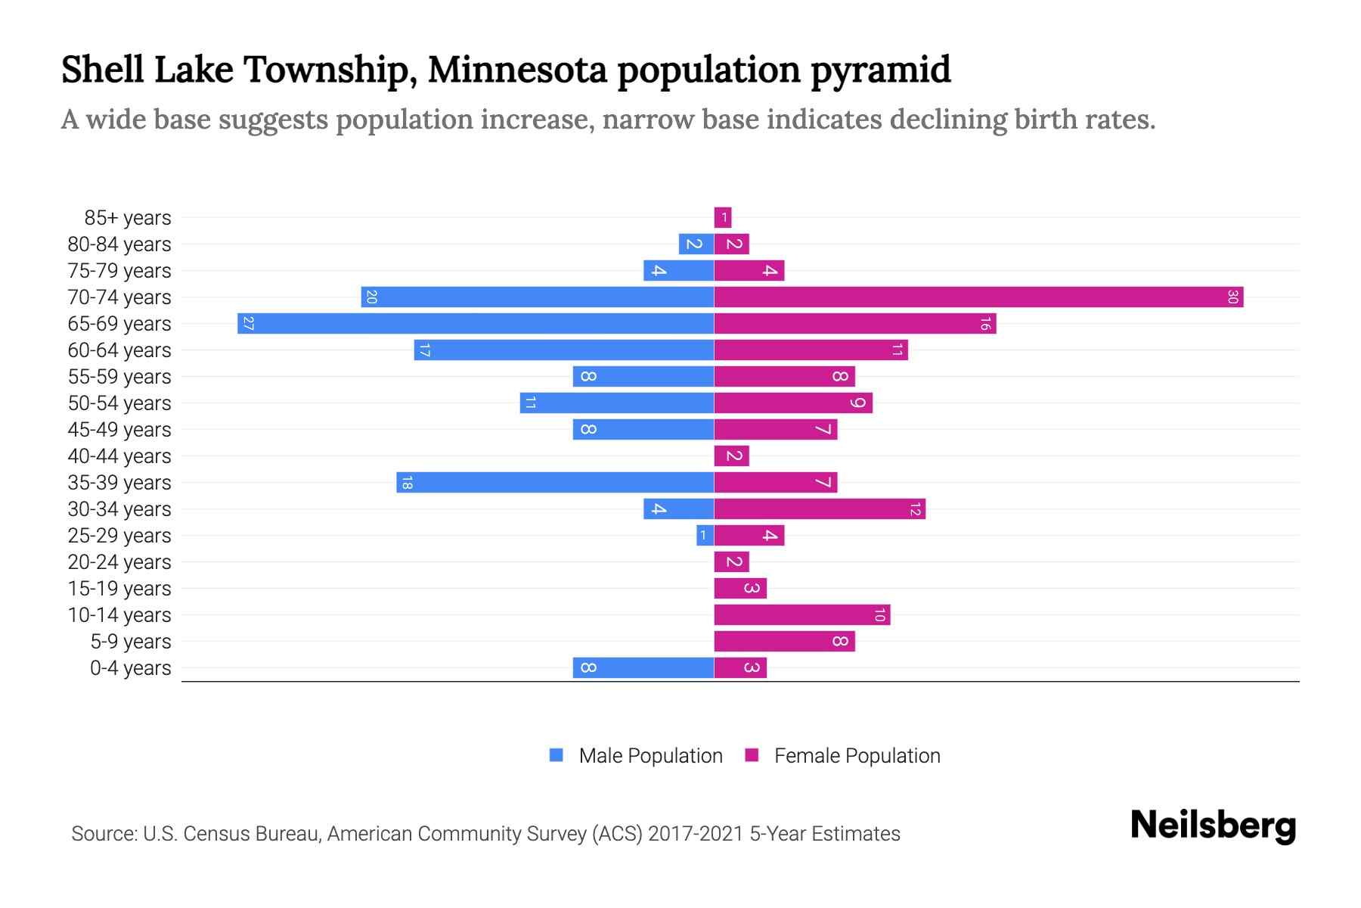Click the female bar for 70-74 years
tap(978, 297)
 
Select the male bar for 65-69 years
tap(476, 323)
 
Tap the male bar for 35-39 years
tap(555, 482)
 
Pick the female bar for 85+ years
tap(723, 217)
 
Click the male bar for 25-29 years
tap(705, 535)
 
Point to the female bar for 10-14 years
tap(801, 614)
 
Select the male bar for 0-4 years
tap(643, 667)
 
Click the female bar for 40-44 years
tap(731, 456)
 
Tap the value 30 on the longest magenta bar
tap(1232, 297)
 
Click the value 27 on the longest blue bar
tap(248, 323)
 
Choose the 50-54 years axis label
tap(119, 403)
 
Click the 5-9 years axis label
tap(131, 642)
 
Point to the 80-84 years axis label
tap(119, 244)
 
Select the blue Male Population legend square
tap(556, 755)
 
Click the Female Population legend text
tap(857, 756)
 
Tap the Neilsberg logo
tap(1213, 826)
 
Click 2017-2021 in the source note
tap(696, 834)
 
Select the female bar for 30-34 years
tap(820, 508)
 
